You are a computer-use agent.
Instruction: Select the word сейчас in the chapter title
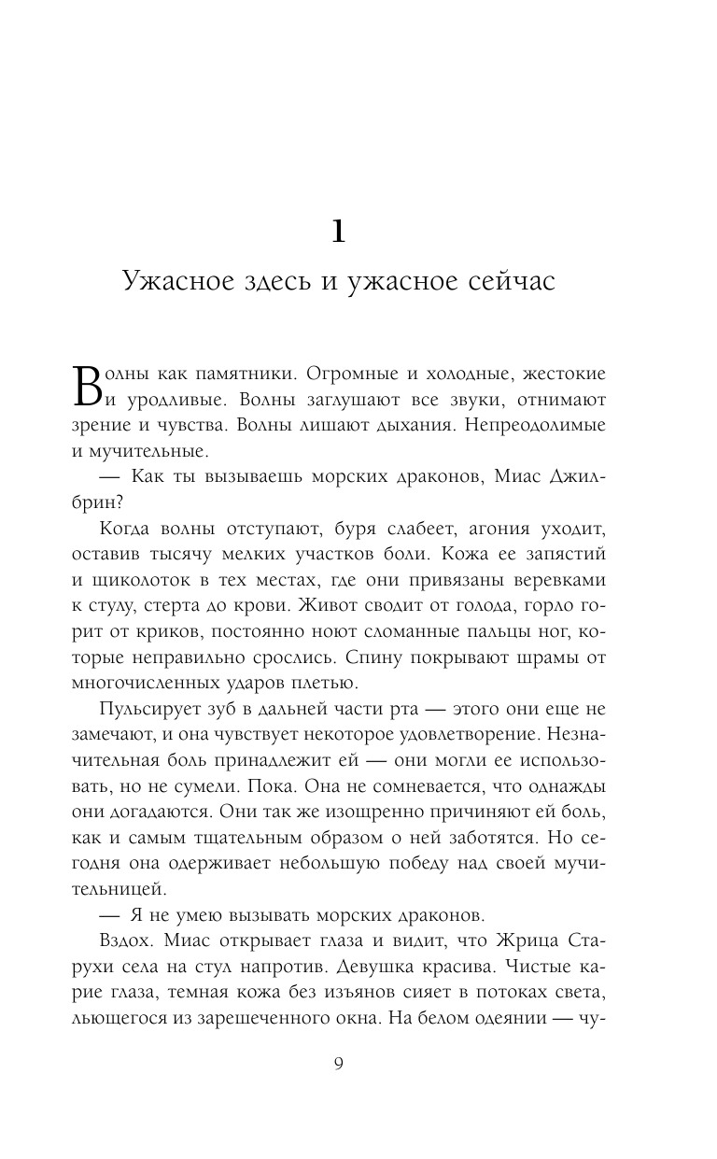512,281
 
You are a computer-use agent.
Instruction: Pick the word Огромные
358,375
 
